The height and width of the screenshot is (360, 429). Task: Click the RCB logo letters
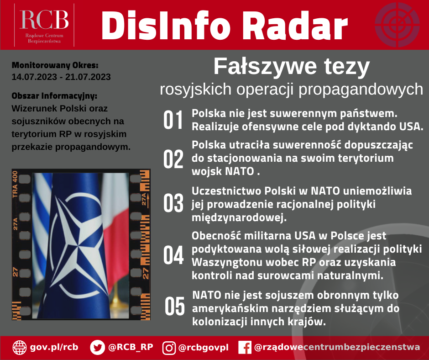coord(44,19)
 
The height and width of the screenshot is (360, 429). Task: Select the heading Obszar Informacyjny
coord(54,96)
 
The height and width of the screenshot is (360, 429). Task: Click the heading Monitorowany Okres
coord(54,65)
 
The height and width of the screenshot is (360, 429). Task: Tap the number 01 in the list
coord(173,120)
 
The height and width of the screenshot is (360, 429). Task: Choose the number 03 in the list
coord(173,203)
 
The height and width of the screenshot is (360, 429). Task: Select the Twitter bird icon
coord(97,347)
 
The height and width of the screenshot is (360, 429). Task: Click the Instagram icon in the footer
coord(169,348)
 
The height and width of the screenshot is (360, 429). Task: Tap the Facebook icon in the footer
coord(245,348)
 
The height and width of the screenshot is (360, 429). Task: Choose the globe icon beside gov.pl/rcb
coord(20,347)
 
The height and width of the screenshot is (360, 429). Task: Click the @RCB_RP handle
coord(130,347)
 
